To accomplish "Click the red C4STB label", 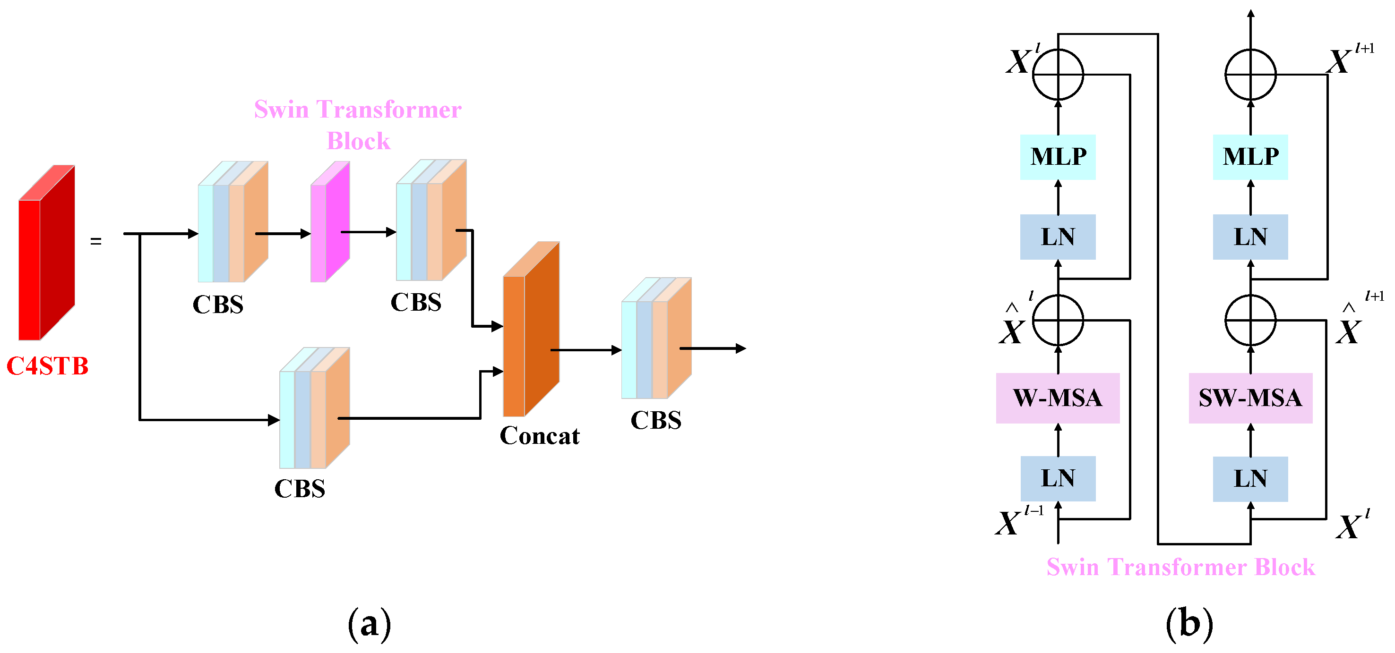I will [48, 366].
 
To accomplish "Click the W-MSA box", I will [1057, 398].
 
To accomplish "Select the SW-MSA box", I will [1250, 398].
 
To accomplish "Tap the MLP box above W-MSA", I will [1058, 157].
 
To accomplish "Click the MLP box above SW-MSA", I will [1250, 157].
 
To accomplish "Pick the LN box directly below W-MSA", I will [1058, 479].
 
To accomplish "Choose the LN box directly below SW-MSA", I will [1250, 479].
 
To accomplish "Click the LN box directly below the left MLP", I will [1058, 237].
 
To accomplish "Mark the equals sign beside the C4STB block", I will [96, 241].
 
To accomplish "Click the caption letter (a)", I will [370, 624].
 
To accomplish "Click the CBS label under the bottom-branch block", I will [300, 489].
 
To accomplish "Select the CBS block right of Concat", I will [656, 339].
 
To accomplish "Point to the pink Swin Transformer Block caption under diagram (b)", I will [1180, 567].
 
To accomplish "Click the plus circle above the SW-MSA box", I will [1250, 320].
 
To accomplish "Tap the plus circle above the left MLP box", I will [1058, 75].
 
